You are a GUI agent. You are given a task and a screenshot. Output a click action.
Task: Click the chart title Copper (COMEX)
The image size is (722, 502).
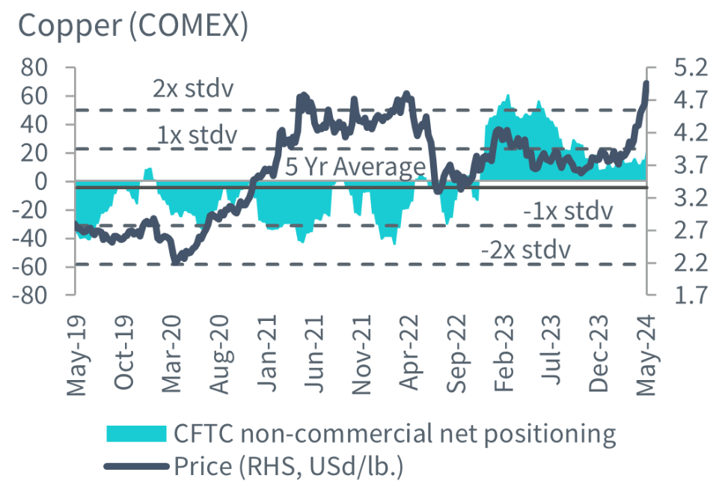point(132,27)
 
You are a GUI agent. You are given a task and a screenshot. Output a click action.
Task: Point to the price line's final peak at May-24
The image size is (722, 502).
point(645,84)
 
